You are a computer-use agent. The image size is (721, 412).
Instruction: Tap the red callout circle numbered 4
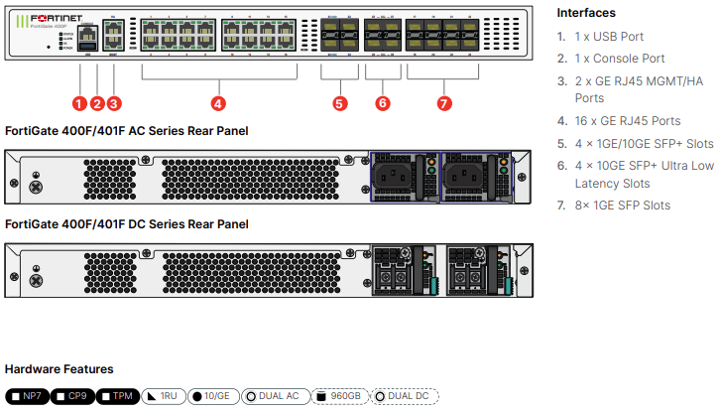coord(218,102)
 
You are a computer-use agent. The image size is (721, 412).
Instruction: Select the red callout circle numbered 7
coord(443,102)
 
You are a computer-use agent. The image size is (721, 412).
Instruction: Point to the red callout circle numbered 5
coord(340,102)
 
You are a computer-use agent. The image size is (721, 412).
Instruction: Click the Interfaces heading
coord(586,13)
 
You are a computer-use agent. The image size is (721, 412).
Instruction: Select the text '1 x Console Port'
coord(623,59)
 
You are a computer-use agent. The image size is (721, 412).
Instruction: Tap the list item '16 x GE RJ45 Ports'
coord(628,121)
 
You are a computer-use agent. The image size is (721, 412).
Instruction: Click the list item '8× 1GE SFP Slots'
coord(622,206)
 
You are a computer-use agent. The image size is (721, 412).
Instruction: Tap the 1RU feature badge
coord(164,396)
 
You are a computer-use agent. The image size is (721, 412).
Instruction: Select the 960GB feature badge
coord(338,396)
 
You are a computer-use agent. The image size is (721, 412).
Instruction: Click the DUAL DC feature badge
coord(403,396)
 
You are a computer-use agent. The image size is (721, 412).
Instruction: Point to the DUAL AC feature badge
coord(273,396)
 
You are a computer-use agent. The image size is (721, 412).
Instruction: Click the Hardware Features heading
coord(60,369)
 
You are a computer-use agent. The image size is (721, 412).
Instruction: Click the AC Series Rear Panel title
coord(127,130)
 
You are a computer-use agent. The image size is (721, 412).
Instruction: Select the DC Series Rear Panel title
coord(127,224)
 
